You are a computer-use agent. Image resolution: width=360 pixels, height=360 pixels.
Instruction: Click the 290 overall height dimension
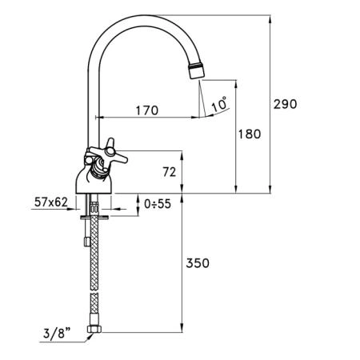[285, 104]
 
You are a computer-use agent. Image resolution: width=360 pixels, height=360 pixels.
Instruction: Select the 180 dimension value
[250, 134]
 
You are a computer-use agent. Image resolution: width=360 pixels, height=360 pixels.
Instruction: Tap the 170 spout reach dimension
[147, 110]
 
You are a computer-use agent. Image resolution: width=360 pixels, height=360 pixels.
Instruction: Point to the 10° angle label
[220, 104]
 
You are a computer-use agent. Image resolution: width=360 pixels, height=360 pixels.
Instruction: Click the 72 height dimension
[170, 172]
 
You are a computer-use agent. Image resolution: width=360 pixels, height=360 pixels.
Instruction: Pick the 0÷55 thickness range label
[158, 204]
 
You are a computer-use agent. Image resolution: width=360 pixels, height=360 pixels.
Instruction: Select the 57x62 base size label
[51, 202]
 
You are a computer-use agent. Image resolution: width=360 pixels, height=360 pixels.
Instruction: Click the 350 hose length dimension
[198, 263]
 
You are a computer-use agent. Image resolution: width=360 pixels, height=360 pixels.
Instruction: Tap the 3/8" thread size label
[57, 333]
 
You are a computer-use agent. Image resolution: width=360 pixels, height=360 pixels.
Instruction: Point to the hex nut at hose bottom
[94, 330]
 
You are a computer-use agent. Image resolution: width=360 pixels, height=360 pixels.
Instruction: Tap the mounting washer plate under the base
[94, 218]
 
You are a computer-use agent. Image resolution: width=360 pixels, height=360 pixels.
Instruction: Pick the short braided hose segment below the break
[94, 303]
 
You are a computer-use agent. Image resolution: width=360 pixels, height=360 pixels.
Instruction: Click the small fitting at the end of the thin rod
[86, 242]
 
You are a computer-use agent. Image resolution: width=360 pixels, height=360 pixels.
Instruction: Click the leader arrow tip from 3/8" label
[92, 334]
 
